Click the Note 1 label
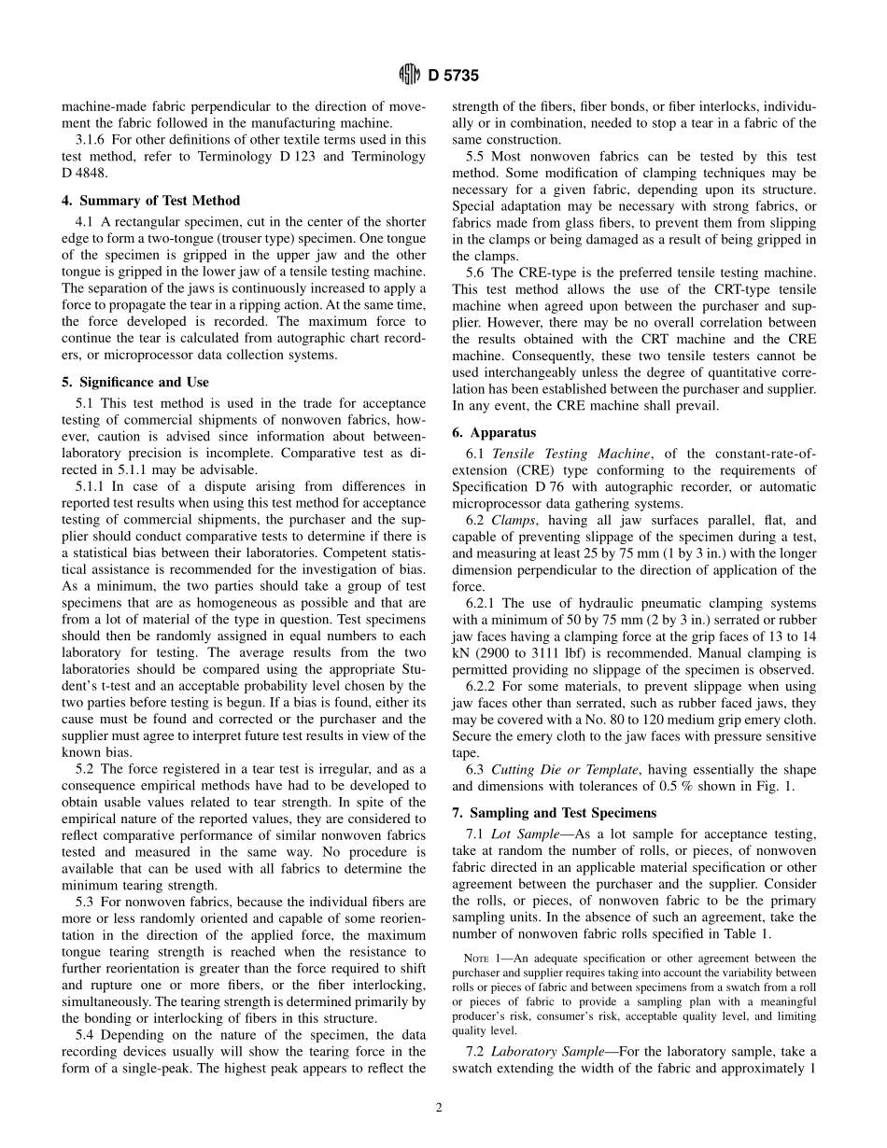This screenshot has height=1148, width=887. pyautogui.click(x=485, y=959)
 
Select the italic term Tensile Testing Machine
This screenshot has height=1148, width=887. pyautogui.click(x=570, y=454)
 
